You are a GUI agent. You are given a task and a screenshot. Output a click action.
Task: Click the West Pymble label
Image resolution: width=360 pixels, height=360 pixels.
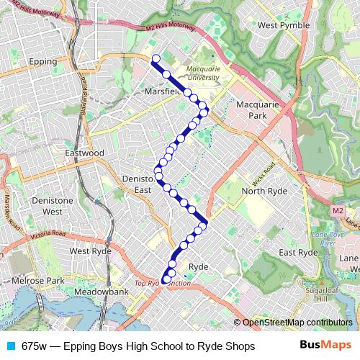coord(283,25)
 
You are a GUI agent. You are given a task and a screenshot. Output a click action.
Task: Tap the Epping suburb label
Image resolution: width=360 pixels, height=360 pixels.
coord(42,62)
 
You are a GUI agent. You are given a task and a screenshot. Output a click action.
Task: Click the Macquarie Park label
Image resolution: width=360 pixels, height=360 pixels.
coord(257,109)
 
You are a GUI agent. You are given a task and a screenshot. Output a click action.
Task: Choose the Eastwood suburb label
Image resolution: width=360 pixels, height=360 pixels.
coord(84,153)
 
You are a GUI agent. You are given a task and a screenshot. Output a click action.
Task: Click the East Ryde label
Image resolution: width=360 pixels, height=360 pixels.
coord(298,253)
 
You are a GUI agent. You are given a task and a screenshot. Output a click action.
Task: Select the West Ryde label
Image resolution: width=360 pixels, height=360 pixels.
coord(89,251)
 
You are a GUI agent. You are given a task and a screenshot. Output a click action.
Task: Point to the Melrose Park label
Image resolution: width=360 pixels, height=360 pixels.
coord(37,280)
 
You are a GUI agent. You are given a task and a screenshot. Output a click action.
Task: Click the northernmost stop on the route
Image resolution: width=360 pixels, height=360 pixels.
coord(156,59)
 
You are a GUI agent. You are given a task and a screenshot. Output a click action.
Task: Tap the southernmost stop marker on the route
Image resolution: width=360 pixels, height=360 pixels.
coord(166,279)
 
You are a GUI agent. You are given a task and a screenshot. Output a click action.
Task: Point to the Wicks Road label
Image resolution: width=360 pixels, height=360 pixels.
coord(264,172)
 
